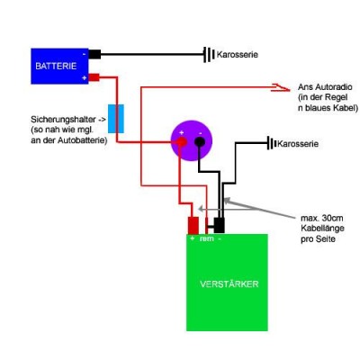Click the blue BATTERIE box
59,67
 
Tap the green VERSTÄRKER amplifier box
227,283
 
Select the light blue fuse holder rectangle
116,119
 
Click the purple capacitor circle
192,140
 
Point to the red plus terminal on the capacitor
182,141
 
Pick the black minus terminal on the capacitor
200,141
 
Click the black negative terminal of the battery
94,54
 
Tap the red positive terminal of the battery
94,77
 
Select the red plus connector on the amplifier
193,225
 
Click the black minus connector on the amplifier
220,225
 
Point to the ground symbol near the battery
209,54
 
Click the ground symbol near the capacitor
272,143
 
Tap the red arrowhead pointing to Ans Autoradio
281,87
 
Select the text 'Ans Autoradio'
325,87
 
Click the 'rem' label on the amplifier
207,238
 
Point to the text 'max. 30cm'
322,218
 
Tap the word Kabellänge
322,229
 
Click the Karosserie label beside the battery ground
238,55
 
